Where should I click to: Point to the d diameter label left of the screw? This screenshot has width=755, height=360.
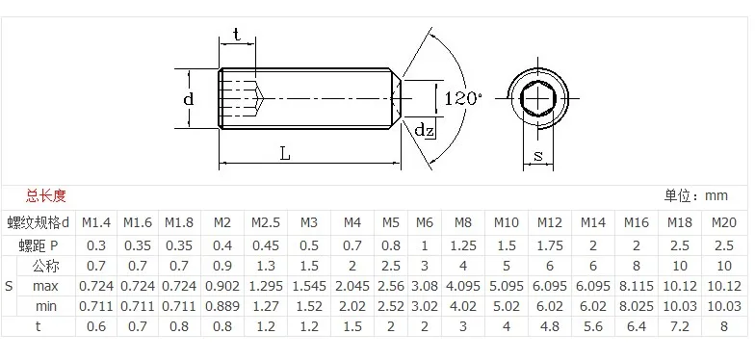coord(189,99)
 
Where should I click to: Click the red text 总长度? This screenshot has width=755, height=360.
coord(46,195)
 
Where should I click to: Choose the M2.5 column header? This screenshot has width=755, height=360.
coord(266,221)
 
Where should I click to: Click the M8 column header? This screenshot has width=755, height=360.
coord(463,221)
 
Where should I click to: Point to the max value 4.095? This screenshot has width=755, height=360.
coord(463,286)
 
